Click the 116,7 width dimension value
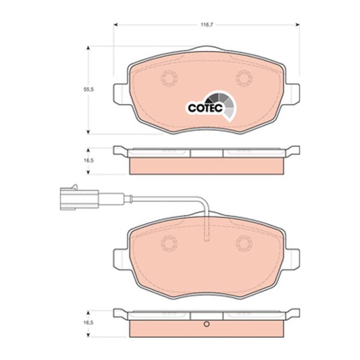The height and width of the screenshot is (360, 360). [207, 25]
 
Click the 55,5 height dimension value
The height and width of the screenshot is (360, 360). [89, 89]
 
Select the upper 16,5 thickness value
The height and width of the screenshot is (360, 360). [89, 161]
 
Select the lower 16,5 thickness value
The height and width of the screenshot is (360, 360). [89, 323]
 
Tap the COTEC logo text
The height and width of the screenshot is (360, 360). [206, 108]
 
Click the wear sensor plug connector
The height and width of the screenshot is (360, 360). [80, 198]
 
